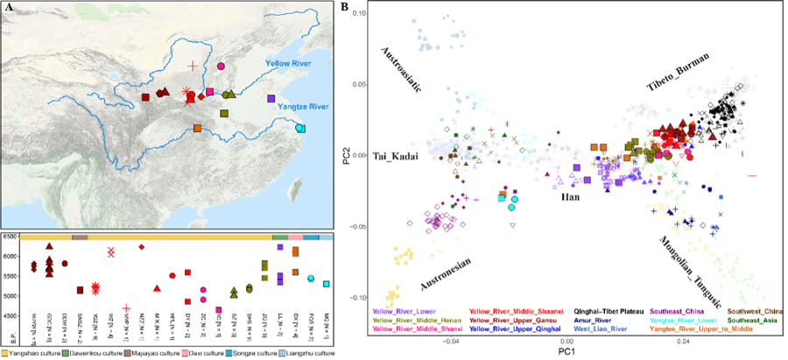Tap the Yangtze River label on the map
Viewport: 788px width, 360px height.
(x=300, y=107)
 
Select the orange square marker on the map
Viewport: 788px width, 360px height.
(x=197, y=129)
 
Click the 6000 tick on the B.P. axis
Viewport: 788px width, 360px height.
(x=12, y=256)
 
